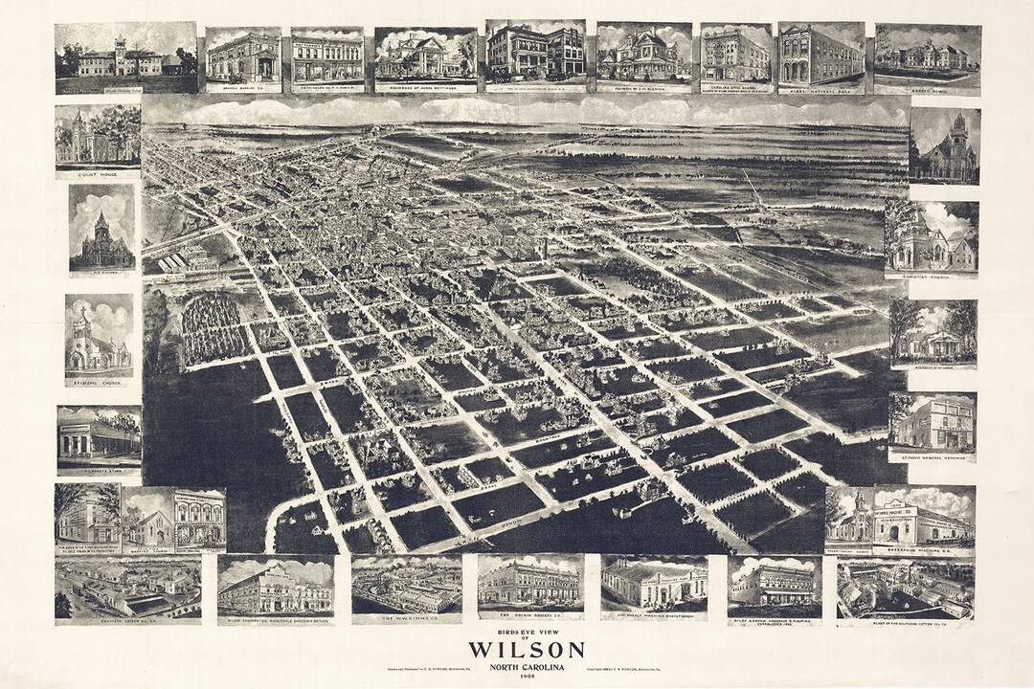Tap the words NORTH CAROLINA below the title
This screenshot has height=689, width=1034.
(516, 666)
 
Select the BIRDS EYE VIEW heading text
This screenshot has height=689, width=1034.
(516, 633)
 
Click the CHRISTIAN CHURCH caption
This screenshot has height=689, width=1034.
(932, 275)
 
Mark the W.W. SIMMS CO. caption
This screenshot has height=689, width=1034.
(406, 617)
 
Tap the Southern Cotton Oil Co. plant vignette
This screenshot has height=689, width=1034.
(905, 589)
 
